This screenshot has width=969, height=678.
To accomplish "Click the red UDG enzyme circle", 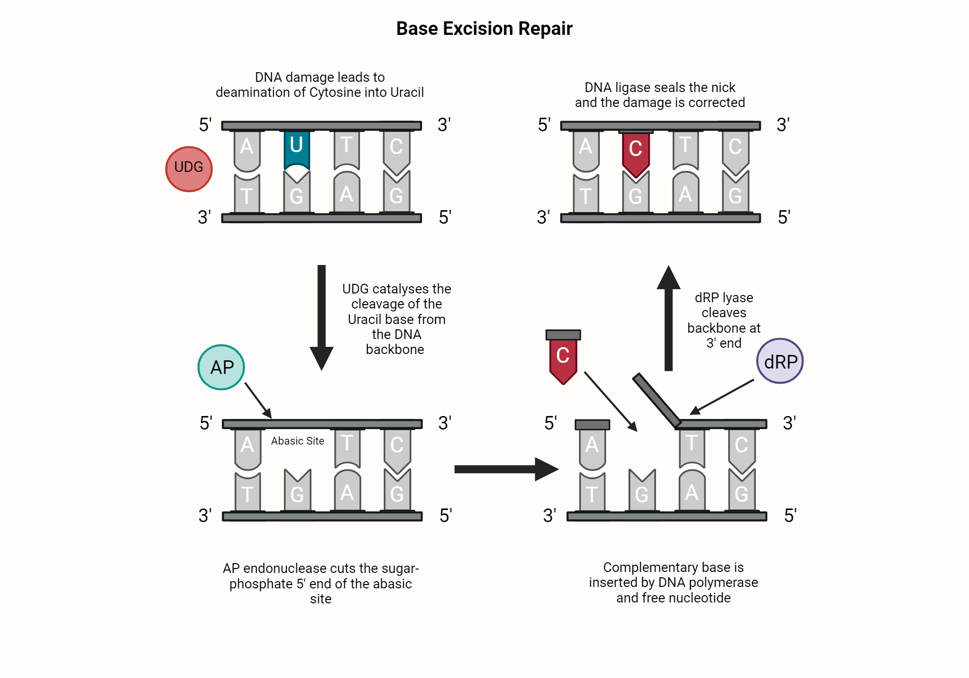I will pyautogui.click(x=189, y=169).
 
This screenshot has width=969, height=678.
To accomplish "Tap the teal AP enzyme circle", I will pyautogui.click(x=221, y=367).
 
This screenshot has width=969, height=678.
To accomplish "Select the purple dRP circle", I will pyautogui.click(x=780, y=361).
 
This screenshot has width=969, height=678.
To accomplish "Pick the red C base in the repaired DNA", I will pyautogui.click(x=636, y=153).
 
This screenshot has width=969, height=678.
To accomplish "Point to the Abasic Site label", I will pyautogui.click(x=297, y=441).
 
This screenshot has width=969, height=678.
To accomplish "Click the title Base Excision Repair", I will pyautogui.click(x=484, y=29).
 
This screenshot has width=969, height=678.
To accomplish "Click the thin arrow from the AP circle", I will pyautogui.click(x=258, y=400).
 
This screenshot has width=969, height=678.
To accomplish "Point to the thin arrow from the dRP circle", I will pyautogui.click(x=722, y=397).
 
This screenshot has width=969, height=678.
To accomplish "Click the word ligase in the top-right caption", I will pyautogui.click(x=633, y=87).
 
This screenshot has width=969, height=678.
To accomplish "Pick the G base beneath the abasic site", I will pyautogui.click(x=297, y=490).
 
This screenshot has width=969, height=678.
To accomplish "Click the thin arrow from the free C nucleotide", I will pyautogui.click(x=610, y=401).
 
